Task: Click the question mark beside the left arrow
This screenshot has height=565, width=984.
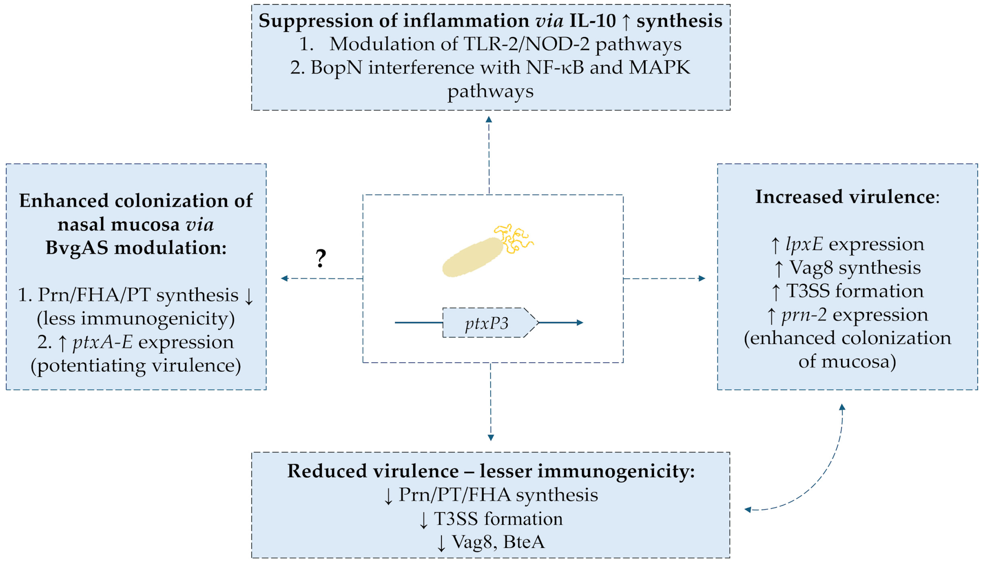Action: coord(321,258)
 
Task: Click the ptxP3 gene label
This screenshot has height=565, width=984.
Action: coord(486,323)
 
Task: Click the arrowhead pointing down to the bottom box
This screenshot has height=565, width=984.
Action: coord(491,438)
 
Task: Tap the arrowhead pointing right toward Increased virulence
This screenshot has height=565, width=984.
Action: coord(702,278)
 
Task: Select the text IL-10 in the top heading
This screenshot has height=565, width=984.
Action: coord(592,21)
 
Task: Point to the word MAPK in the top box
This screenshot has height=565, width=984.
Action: coord(659,68)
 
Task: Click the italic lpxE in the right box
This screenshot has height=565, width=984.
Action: coord(804,244)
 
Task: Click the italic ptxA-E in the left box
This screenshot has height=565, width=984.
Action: coord(102,342)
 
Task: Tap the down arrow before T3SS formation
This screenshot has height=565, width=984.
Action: coord(423,520)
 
